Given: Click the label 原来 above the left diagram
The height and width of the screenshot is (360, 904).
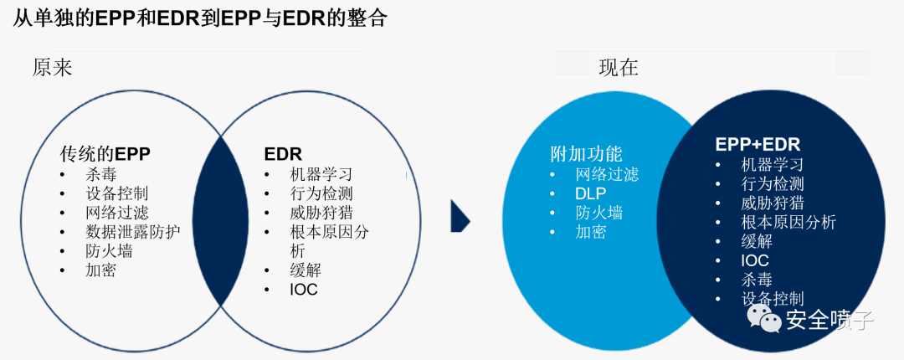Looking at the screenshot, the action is pos(53,68).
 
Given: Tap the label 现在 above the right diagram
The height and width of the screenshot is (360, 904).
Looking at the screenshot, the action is pos(619,68).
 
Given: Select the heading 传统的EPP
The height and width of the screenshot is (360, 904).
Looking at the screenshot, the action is pos(105,154).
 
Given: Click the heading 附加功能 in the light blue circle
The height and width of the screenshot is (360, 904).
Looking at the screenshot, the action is pos(586,154).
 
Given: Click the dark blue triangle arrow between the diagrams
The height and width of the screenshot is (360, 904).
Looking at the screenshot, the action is pos(460,217).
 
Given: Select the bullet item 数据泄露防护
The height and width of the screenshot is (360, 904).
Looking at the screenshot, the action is pos(133,233).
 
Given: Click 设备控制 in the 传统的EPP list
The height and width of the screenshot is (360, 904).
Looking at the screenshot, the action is pos(117,193).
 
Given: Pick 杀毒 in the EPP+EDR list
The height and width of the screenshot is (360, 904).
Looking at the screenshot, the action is pos(757,280).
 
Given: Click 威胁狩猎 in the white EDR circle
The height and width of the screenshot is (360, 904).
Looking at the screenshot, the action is pos(321,213).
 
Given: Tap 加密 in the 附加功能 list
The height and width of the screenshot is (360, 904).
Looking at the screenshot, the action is pos(590,233).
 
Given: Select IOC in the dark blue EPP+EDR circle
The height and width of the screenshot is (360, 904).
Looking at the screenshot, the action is pos(755,260).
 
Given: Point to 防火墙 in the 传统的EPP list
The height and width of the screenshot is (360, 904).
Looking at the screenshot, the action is pos(109,252).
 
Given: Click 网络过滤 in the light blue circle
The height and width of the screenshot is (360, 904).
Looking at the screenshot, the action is pos(607,174).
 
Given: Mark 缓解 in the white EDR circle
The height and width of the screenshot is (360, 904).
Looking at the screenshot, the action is pos(305,270).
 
